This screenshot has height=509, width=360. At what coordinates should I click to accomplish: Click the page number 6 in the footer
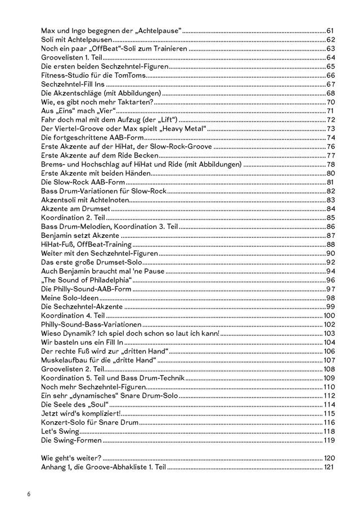coord(28,494)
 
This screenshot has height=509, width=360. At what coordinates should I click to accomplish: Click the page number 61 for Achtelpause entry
coord(331,30)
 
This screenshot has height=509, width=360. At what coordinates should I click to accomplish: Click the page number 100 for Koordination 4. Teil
coord(329,316)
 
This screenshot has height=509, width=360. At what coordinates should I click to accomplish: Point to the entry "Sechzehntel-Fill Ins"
coord(69,84)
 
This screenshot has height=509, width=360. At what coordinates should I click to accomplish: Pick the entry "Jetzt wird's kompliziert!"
coord(77,413)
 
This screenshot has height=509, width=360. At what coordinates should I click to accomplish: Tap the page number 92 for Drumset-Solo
coord(331,262)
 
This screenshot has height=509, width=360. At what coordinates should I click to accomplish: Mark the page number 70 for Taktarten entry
coord(331,102)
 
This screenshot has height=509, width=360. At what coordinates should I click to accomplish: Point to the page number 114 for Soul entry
coord(329,404)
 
